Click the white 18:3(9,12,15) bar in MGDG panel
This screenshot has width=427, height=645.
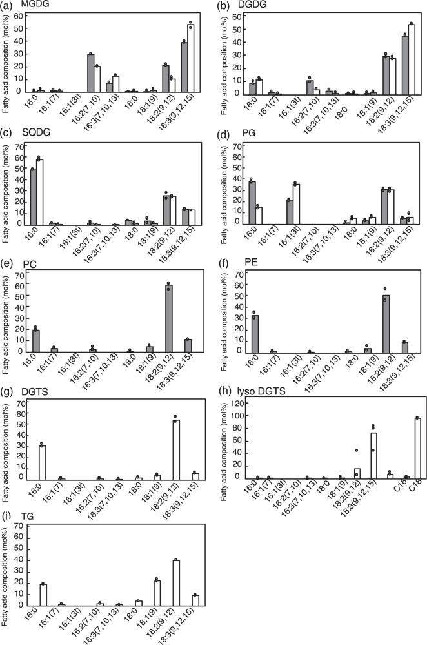pyautogui.click(x=190, y=59)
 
